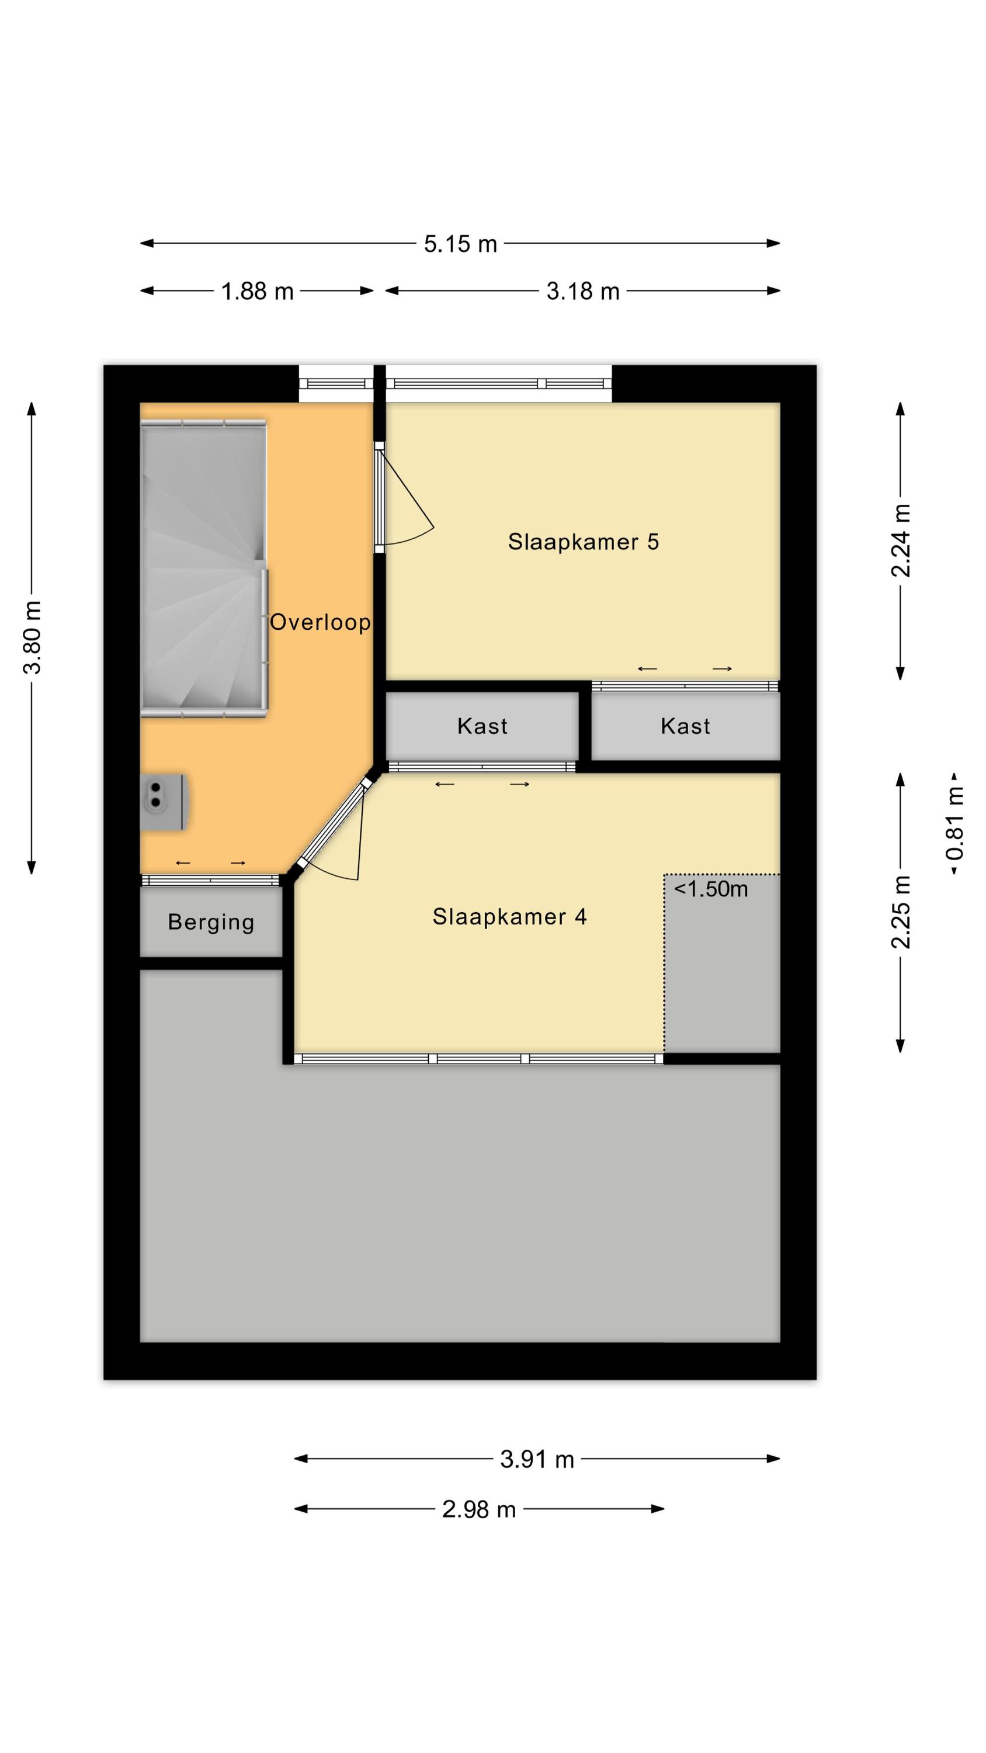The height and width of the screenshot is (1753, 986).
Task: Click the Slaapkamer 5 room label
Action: (x=583, y=542)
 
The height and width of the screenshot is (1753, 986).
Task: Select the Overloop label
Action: (x=320, y=622)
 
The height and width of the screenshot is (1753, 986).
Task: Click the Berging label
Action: (x=211, y=922)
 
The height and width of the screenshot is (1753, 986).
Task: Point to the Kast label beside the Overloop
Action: (x=482, y=726)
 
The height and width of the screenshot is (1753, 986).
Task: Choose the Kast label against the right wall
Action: (x=685, y=726)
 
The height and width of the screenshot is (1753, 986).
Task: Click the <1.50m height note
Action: (x=710, y=889)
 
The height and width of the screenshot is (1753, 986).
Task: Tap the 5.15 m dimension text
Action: (x=461, y=244)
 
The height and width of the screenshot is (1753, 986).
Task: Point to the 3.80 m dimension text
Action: (x=32, y=638)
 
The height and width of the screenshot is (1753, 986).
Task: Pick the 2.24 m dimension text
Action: (x=900, y=541)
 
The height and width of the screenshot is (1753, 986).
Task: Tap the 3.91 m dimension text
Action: (x=537, y=1459)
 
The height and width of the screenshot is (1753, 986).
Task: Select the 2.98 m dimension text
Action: (x=479, y=1509)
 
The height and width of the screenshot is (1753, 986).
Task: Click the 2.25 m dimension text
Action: (x=900, y=912)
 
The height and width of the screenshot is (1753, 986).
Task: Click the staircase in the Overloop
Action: (x=203, y=568)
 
